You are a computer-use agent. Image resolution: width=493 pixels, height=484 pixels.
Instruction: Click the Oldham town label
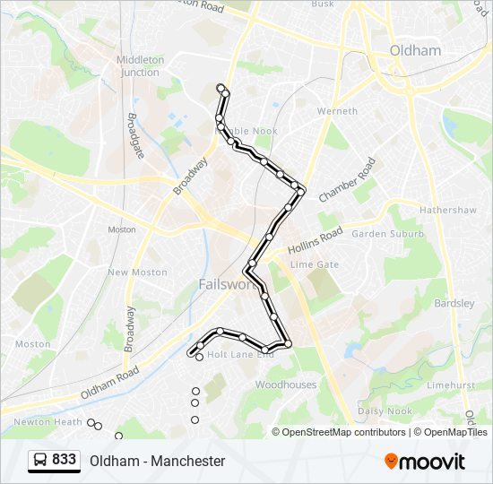pyautogui.click(x=416, y=51)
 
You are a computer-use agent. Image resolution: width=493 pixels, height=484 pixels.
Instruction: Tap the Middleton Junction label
pyautogui.click(x=141, y=65)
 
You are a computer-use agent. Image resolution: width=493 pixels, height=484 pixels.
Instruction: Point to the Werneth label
pyautogui.click(x=337, y=111)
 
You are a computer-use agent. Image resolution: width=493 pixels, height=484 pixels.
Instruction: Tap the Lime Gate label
pyautogui.click(x=315, y=264)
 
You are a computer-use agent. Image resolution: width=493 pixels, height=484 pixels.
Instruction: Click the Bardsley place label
pyautogui.click(x=454, y=303)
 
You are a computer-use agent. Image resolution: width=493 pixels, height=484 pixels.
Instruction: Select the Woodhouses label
pyautogui.click(x=286, y=385)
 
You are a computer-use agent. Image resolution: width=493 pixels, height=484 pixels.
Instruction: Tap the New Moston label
pyautogui.click(x=137, y=272)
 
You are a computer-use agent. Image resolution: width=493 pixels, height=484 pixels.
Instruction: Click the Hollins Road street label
pyautogui.click(x=315, y=241)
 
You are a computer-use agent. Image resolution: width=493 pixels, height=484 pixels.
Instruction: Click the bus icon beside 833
pyautogui.click(x=40, y=461)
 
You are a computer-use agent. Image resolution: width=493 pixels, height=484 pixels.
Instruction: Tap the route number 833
pyautogui.click(x=65, y=460)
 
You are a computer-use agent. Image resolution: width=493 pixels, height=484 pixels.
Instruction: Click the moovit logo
pyautogui.click(x=425, y=461)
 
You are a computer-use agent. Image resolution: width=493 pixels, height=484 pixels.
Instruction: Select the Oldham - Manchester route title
pyautogui.click(x=157, y=461)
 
